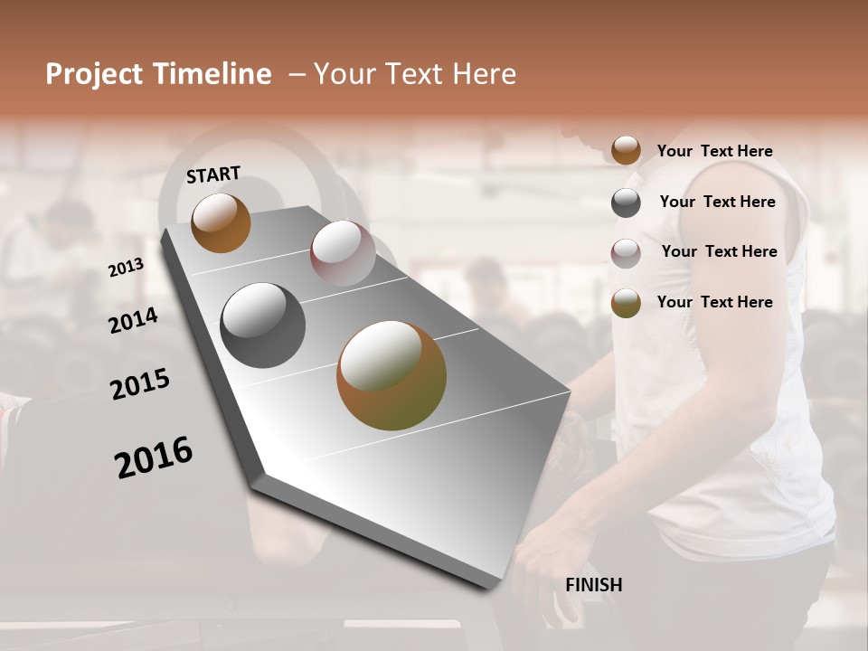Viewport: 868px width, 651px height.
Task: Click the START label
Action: pos(213,175)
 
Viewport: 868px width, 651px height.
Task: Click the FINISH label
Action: pos(593,585)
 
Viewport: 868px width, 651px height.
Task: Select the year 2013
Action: pos(126,268)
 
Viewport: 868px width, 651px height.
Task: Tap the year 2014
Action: pos(133,320)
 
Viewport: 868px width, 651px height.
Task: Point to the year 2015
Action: pos(140,384)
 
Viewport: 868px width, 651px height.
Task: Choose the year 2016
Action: pos(154,457)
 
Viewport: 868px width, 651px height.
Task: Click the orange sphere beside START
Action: pos(221,222)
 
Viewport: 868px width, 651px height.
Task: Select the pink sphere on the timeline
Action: pos(343,252)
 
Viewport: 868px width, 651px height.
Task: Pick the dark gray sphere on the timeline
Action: pos(262,325)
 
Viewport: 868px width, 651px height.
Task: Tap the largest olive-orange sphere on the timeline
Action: pos(392,375)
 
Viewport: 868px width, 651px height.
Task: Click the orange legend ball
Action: pos(626,151)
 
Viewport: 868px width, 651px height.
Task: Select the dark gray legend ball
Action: pos(626,203)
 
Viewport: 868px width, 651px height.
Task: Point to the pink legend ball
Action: pos(626,253)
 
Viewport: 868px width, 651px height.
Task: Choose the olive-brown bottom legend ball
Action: pos(626,304)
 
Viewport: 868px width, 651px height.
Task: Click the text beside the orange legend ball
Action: pos(714,151)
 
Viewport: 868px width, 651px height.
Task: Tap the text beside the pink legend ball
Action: pos(719,251)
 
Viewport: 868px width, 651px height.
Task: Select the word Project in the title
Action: pos(95,74)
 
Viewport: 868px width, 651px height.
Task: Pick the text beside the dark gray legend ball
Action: pos(717,202)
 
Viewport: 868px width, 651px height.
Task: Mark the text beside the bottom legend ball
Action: pos(714,302)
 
